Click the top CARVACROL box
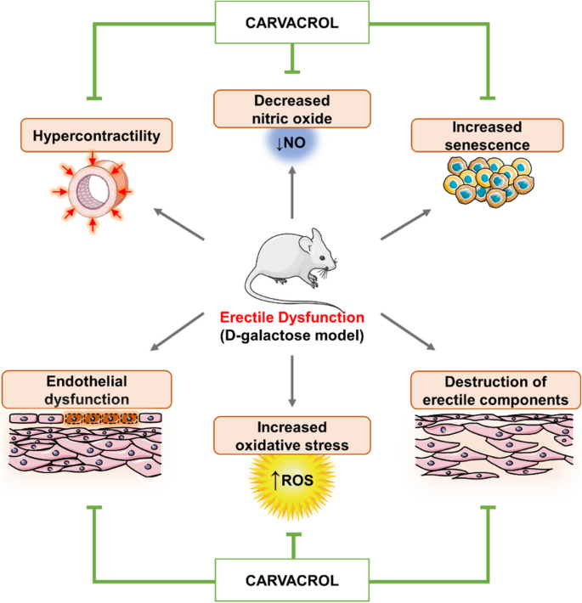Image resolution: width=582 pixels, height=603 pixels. click(x=291, y=21)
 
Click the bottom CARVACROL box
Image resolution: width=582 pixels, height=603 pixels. click(x=291, y=581)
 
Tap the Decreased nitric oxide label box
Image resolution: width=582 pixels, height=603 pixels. click(x=291, y=108)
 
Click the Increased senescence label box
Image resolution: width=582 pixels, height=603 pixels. click(x=487, y=135)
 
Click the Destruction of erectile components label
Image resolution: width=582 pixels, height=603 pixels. click(x=487, y=388)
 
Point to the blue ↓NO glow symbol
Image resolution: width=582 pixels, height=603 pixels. click(x=291, y=144)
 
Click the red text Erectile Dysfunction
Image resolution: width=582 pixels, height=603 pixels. click(x=291, y=317)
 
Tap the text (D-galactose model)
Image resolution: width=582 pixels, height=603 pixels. click(x=291, y=335)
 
